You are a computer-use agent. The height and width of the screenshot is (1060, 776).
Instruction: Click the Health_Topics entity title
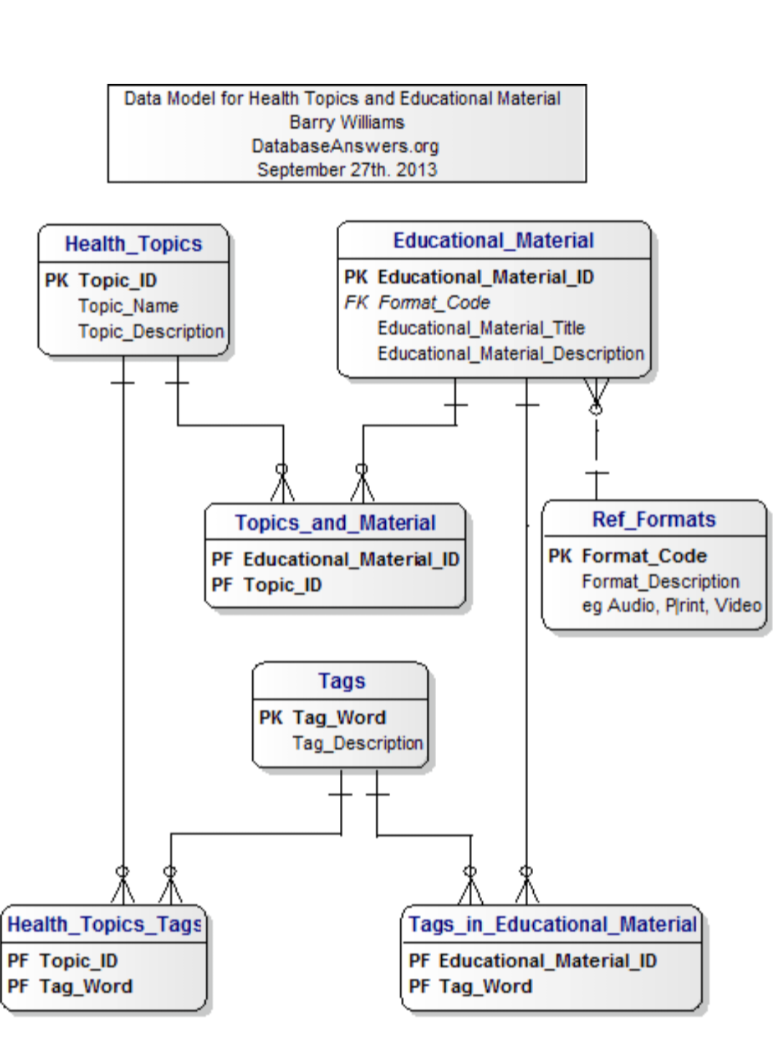(x=134, y=244)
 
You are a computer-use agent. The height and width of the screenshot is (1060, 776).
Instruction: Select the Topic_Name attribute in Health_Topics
(x=128, y=306)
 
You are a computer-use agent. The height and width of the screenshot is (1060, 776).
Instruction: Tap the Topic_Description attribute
(x=151, y=332)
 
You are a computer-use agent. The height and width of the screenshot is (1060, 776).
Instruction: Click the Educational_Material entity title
(x=493, y=241)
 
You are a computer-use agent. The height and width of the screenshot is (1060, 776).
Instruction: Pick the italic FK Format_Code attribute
(x=433, y=303)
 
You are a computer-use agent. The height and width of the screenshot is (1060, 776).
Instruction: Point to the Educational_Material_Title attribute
(x=481, y=328)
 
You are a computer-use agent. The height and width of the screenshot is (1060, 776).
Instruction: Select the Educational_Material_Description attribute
(x=510, y=354)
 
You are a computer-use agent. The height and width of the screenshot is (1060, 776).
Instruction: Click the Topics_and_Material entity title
(x=335, y=523)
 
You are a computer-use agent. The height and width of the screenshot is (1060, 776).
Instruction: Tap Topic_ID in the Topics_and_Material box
(x=282, y=585)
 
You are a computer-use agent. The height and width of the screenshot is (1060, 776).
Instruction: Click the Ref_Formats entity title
(x=654, y=520)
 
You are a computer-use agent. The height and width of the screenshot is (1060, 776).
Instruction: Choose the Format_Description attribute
(x=660, y=581)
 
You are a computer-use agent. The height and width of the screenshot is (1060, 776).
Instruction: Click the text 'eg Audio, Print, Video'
(x=671, y=606)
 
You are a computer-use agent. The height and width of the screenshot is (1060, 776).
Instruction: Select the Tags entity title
(x=341, y=681)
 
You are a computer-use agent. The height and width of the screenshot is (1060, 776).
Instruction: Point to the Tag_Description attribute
(x=357, y=743)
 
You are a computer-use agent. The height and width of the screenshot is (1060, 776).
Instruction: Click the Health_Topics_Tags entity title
(x=104, y=924)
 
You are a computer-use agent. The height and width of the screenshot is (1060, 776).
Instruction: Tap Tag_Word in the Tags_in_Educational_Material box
(x=485, y=987)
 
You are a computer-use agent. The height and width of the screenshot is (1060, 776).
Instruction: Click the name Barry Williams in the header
(x=346, y=122)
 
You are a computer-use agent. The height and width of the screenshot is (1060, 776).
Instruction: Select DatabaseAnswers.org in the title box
(x=345, y=146)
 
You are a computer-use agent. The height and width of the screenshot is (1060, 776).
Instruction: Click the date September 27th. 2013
(x=346, y=170)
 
